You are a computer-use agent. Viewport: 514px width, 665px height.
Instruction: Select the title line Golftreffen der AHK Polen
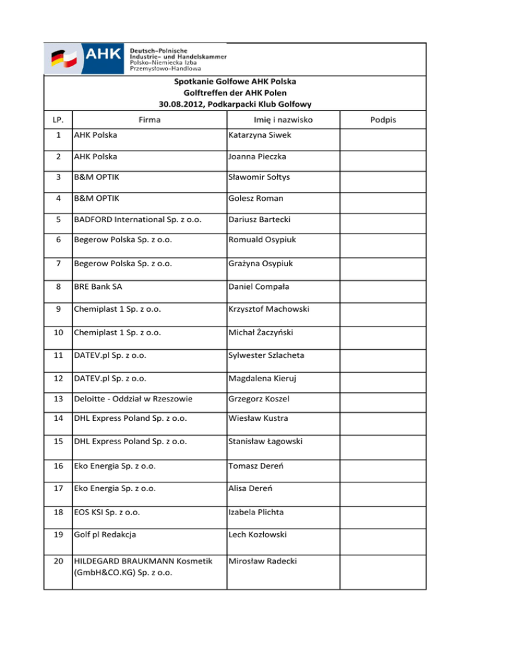[x=234, y=93]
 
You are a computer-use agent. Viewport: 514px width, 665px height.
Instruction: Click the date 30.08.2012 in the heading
[x=181, y=104]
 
